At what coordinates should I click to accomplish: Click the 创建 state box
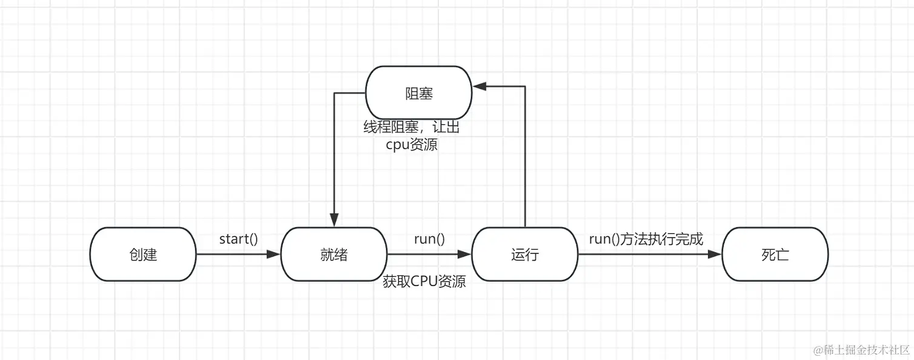(143, 255)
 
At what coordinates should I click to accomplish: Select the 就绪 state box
(334, 255)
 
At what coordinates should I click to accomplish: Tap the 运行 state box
(525, 255)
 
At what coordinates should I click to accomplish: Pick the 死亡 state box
(775, 255)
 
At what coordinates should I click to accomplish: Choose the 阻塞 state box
(419, 93)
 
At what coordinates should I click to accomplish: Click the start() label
(238, 239)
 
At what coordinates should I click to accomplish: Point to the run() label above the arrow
(429, 239)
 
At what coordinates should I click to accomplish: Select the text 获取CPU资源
(424, 281)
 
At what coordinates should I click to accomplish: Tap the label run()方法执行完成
(646, 239)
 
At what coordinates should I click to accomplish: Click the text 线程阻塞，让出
(416, 128)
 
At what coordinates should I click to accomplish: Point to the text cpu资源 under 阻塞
(412, 145)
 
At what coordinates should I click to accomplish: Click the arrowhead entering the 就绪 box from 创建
(275, 255)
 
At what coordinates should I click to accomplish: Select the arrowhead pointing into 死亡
(716, 255)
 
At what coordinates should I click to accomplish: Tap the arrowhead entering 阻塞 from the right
(479, 87)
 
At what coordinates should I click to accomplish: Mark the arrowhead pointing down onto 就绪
(333, 221)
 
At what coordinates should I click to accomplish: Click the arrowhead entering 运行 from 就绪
(465, 255)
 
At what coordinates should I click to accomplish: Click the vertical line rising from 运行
(525, 158)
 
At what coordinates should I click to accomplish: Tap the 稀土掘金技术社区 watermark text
(862, 350)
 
